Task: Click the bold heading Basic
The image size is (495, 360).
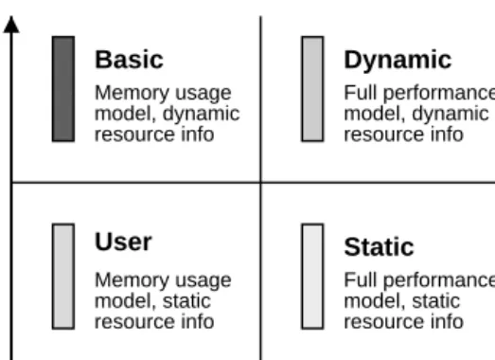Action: (129, 60)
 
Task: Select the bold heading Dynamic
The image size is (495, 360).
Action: (398, 60)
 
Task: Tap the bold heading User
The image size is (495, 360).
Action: (123, 242)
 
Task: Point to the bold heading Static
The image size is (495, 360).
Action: (379, 247)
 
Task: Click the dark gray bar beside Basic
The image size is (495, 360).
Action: (63, 89)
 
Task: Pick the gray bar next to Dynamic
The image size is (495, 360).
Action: (312, 89)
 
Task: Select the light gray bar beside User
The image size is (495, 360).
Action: (63, 277)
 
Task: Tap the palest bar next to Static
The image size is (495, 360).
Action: (312, 277)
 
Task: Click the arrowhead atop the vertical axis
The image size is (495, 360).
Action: (11, 25)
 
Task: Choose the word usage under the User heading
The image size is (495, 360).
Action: (203, 281)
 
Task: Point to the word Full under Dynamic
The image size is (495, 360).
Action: (361, 93)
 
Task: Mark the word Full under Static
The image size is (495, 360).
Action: (361, 279)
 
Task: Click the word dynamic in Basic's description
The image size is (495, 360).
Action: (201, 115)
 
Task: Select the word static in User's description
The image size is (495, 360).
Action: (186, 301)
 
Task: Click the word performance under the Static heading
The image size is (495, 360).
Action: (439, 281)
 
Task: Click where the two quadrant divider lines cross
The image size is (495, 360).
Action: (261, 183)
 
